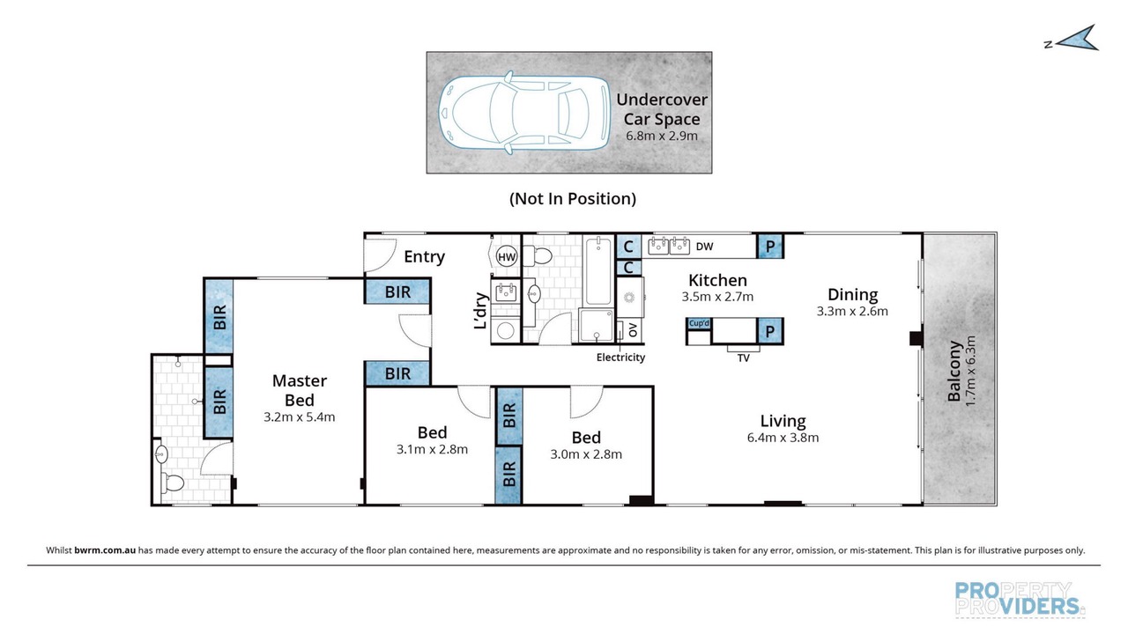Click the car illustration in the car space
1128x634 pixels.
click(524, 112)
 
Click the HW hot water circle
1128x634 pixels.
click(507, 256)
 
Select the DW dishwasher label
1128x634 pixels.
click(704, 246)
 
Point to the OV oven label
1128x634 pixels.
click(634, 330)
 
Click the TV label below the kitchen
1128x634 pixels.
click(743, 358)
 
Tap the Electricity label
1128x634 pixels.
click(620, 358)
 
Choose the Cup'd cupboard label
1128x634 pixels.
click(699, 323)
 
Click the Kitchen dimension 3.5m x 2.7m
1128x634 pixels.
click(717, 297)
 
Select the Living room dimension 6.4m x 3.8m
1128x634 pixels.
click(783, 438)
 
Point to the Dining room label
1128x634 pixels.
click(852, 294)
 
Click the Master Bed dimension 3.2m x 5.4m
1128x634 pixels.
click(299, 417)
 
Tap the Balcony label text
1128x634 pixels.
click(954, 372)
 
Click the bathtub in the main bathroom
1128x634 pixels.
click(598, 272)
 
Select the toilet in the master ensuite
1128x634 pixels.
click(171, 483)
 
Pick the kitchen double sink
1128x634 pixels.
click(669, 246)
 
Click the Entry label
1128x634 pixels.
click(424, 257)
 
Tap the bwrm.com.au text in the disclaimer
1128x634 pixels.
click(105, 550)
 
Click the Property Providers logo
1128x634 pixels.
click(1020, 599)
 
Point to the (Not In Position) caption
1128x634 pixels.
click(573, 199)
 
